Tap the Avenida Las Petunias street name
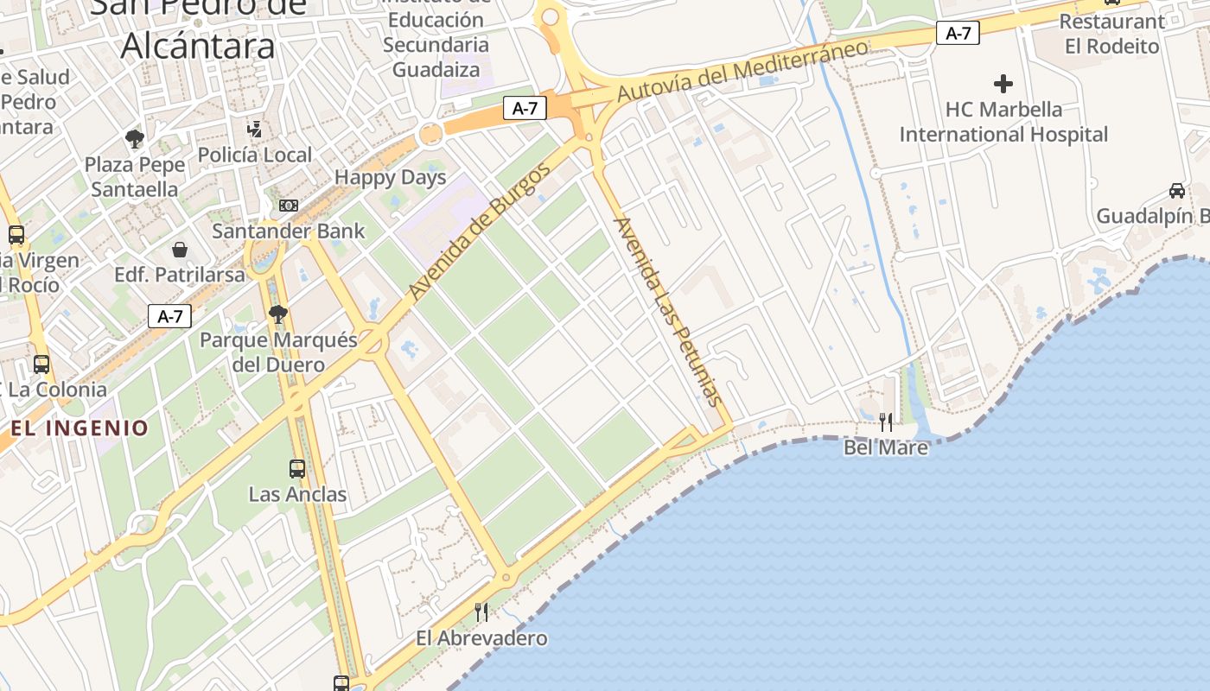click(667, 311)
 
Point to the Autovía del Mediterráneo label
click(743, 71)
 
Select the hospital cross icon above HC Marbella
click(1003, 84)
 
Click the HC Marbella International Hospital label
click(1003, 122)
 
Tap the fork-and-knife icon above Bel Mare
click(886, 422)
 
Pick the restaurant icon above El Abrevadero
click(481, 612)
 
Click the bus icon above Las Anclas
click(297, 469)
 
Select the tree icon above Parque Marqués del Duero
click(277, 314)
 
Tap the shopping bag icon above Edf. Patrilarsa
click(180, 250)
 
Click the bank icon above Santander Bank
click(289, 206)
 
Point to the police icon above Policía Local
click(254, 130)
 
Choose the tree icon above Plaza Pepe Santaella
click(134, 138)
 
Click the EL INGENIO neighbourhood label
click(80, 428)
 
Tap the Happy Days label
click(390, 178)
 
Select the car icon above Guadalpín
click(1176, 191)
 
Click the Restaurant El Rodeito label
click(1111, 34)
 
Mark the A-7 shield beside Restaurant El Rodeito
click(958, 34)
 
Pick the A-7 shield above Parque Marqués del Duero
click(169, 316)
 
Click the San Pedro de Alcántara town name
click(198, 26)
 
